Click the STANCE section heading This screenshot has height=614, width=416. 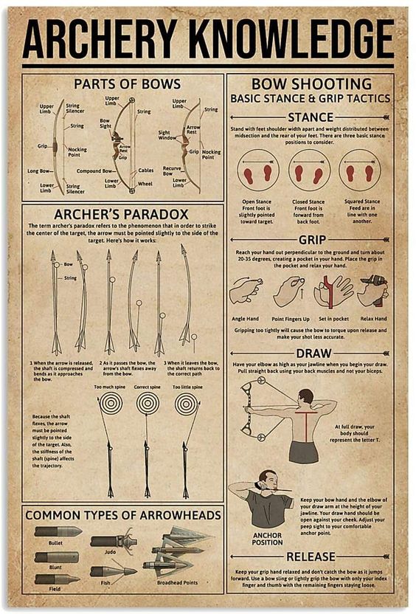[311, 117]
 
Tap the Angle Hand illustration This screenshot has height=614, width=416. [245, 291]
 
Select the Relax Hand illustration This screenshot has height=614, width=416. [372, 290]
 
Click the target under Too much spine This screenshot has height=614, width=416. [111, 403]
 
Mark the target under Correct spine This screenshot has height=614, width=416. [148, 403]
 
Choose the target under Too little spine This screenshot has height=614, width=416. [187, 403]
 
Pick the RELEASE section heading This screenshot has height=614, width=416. [311, 556]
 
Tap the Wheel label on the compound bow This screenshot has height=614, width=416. [145, 184]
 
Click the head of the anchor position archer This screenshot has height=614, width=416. [268, 479]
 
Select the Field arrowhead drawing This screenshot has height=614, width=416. [56, 579]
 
